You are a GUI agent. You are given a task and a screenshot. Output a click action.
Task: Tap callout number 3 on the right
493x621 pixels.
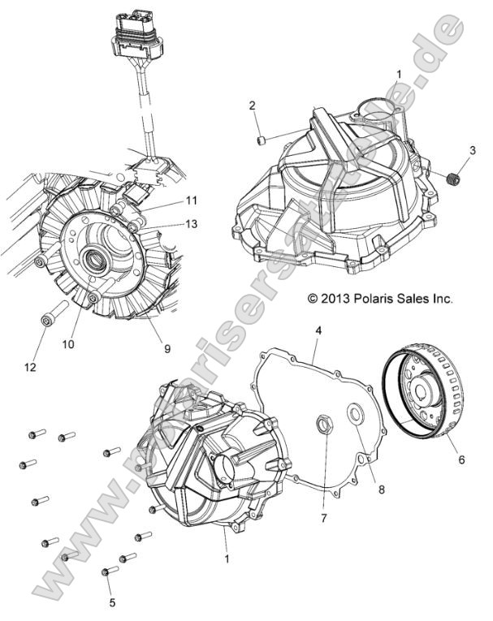coord(472,152)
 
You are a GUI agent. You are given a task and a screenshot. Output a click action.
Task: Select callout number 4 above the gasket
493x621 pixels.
coord(318,330)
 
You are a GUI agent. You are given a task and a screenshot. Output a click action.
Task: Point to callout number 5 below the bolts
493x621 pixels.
coord(112,602)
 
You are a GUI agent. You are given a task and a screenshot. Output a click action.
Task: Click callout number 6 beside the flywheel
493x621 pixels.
coord(462,459)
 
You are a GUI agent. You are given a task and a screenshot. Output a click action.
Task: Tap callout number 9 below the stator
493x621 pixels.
coord(167,349)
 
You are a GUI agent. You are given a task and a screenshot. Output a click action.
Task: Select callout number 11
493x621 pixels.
coord(192,201)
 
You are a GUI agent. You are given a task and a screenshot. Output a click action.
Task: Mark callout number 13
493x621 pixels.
coord(192,223)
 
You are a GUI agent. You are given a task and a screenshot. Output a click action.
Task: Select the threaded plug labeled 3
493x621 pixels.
coord(455,178)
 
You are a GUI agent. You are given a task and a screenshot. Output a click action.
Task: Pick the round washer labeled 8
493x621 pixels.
coord(355,417)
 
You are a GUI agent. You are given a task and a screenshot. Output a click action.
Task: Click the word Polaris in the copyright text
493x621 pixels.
coord(376,299)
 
